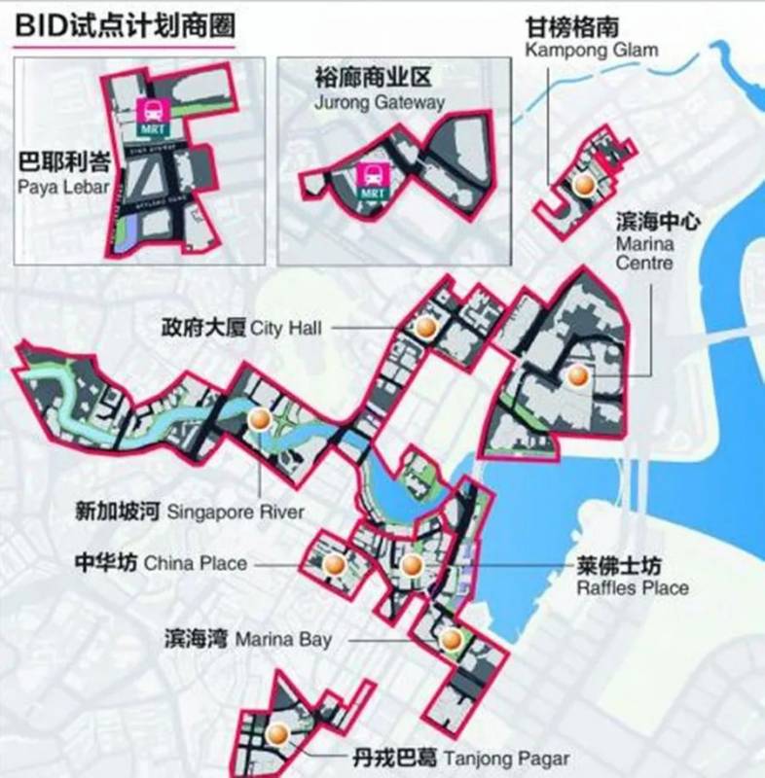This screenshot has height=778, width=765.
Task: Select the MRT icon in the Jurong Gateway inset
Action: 372,178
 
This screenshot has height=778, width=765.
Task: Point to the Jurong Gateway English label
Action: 380,101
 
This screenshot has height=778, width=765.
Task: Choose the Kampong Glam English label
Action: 591,50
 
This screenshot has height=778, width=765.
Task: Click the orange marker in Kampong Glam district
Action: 584,185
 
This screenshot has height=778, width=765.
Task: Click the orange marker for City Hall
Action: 423,328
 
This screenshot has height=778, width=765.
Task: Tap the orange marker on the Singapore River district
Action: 259,420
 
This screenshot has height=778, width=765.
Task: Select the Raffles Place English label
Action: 633,588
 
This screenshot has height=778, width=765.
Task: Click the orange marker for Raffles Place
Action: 411,566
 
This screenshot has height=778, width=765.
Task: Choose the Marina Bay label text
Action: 282,639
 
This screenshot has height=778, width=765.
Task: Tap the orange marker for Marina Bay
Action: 450,639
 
